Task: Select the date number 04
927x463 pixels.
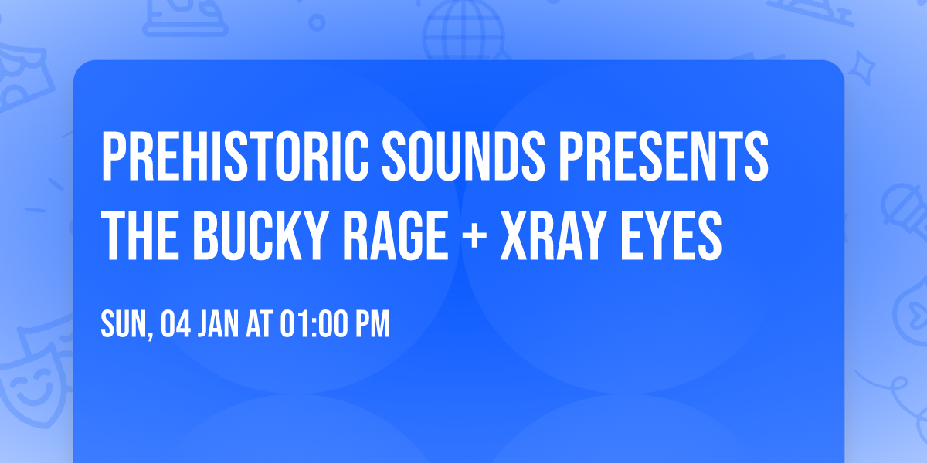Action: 176,325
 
